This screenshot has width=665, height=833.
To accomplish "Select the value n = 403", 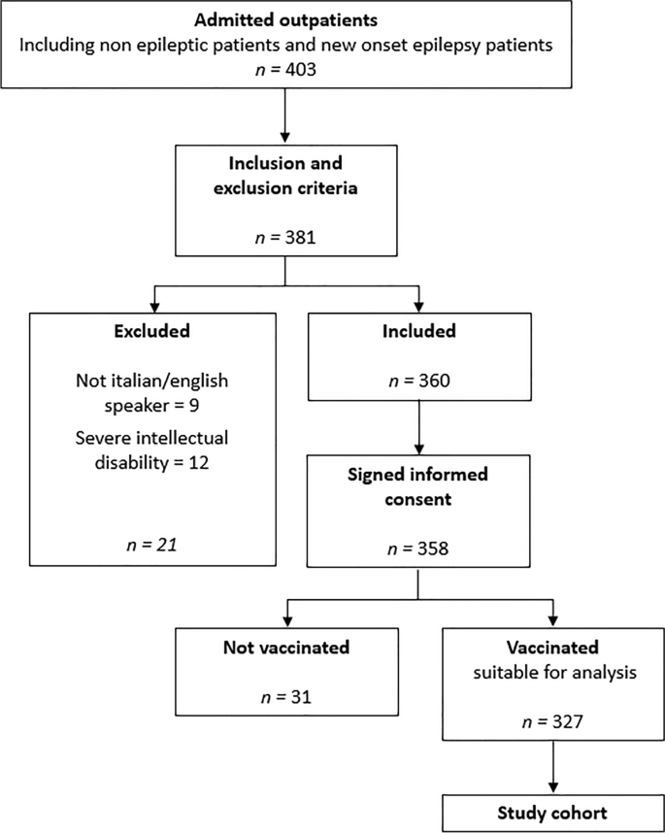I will pos(285,68).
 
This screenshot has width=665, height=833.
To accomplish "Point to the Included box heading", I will pos(418,331).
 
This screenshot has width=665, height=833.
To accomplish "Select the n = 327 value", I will pos(552,722).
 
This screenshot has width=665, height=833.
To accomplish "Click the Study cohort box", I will pos(552,813).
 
